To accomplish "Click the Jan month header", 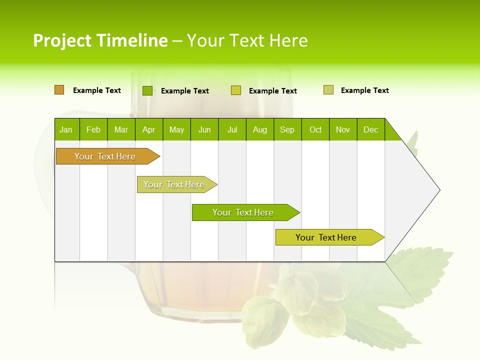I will (x=66, y=129).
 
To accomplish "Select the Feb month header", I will (x=93, y=129).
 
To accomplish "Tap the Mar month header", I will (x=121, y=129).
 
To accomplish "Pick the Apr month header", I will (x=149, y=129).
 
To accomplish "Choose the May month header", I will (x=176, y=129).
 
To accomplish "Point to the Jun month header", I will (x=204, y=129).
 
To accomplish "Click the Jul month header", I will (x=232, y=129).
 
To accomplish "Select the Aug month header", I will (x=260, y=129).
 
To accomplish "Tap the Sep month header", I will (x=287, y=129).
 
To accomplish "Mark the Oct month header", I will (x=315, y=129).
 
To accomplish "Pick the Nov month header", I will (x=343, y=129).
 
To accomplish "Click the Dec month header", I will (x=371, y=129).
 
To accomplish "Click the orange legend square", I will (x=59, y=90).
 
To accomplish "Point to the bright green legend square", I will (x=147, y=90).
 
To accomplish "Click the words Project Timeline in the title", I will (x=100, y=40).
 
